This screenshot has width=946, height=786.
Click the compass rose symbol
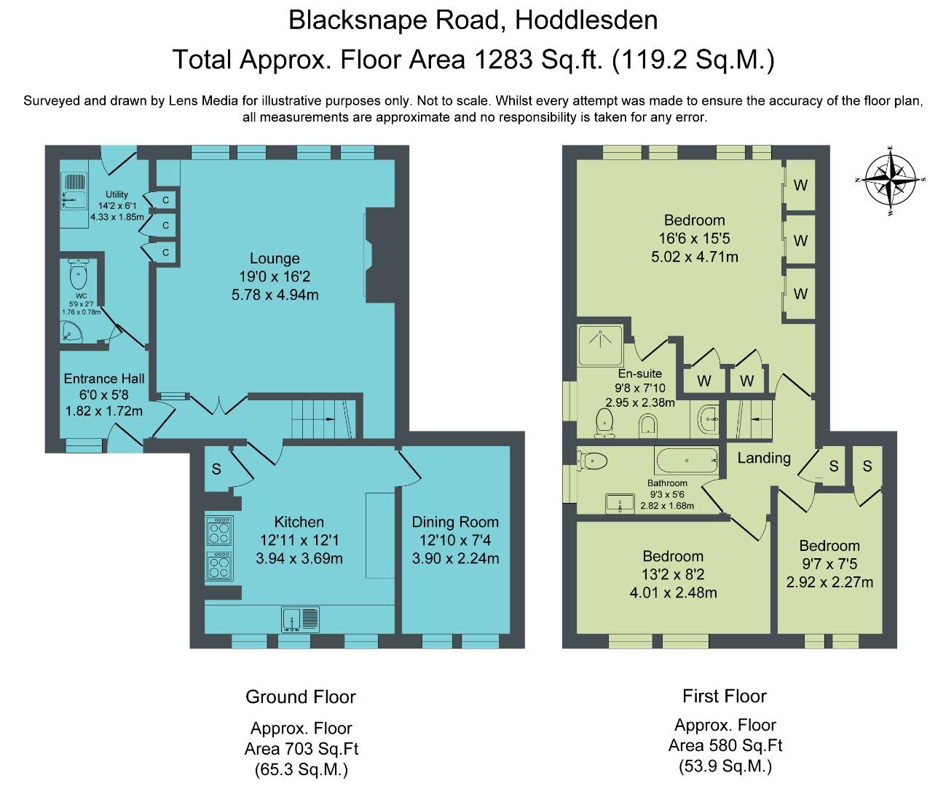tap(891, 180)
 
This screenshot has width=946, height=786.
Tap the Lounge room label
tap(275, 258)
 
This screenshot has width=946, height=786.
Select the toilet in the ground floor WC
tap(79, 274)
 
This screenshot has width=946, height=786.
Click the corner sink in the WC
tap(71, 331)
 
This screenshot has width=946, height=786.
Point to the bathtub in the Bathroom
tap(687, 461)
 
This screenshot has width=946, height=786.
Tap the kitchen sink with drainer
tap(300, 619)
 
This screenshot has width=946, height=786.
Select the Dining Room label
tap(455, 522)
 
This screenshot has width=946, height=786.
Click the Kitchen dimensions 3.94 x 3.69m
tap(299, 558)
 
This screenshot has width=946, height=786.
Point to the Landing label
tap(764, 458)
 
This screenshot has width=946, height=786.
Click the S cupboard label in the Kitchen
tap(216, 469)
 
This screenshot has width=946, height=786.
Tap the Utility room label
tap(117, 194)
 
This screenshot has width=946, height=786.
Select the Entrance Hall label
tap(104, 378)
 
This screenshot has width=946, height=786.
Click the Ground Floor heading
tap(300, 696)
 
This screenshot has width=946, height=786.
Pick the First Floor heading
tap(725, 696)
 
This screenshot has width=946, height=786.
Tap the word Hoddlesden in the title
tap(586, 20)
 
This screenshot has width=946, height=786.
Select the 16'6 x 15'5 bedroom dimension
tap(695, 238)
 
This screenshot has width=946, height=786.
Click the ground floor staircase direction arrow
tap(331, 419)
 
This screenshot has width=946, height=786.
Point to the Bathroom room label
tap(667, 483)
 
